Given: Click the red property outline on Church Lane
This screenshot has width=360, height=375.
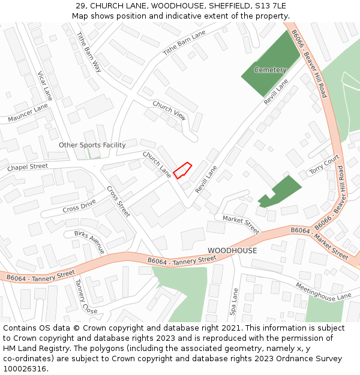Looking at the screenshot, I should (x=182, y=170).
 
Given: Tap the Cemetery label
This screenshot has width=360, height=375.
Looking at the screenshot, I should (x=270, y=70).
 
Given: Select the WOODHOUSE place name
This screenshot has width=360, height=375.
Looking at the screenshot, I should (x=232, y=250).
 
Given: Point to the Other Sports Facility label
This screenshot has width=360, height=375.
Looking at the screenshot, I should (x=92, y=145).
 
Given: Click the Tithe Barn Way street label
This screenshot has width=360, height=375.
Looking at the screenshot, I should (x=89, y=53).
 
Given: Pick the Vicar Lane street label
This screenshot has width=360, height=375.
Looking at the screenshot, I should (x=46, y=85).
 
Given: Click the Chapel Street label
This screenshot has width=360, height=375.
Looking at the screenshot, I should (x=27, y=167).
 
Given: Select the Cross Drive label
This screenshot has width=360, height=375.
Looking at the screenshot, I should (x=79, y=207).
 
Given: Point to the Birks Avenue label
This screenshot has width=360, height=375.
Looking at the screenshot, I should (x=89, y=242).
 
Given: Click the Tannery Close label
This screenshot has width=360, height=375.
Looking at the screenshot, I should (x=86, y=296).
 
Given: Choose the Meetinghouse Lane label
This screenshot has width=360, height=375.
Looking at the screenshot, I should (x=323, y=290).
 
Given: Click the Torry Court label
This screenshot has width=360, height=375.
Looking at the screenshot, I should (x=324, y=165).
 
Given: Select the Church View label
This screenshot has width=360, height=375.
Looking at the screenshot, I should (x=169, y=109).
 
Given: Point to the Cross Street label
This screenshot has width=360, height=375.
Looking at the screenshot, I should (x=118, y=201).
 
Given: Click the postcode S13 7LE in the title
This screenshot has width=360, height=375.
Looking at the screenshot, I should (x=268, y=6).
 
